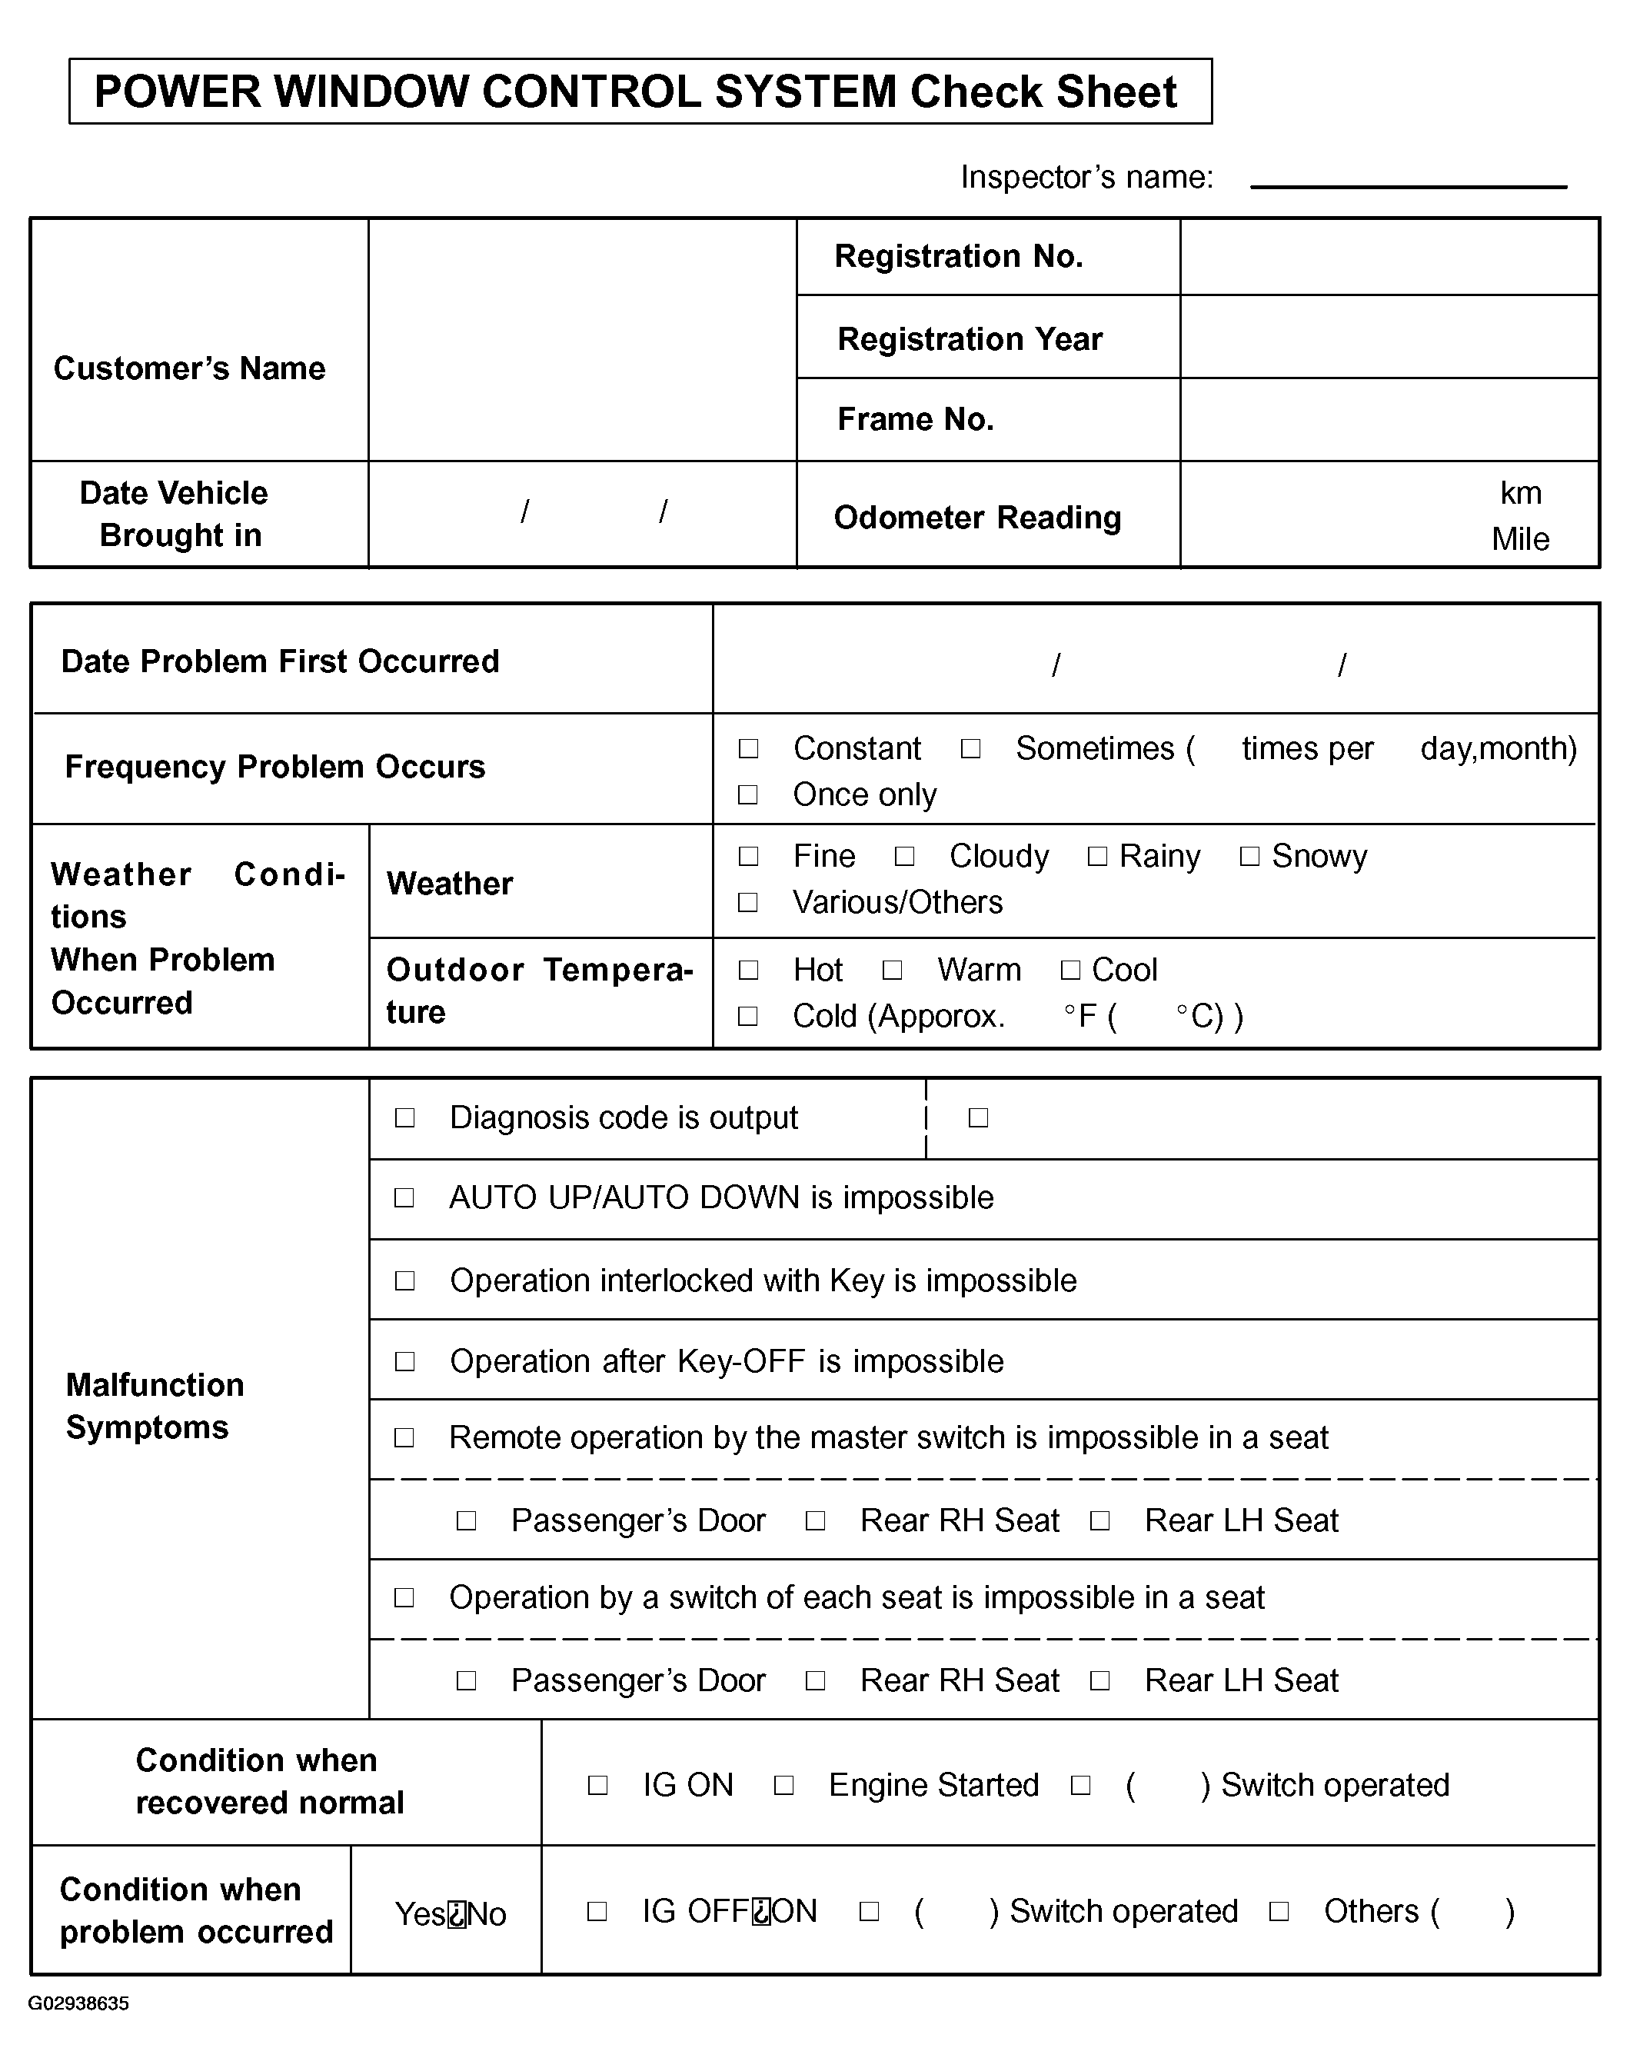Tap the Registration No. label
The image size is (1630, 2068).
coord(958,257)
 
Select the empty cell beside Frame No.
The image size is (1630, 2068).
coord(1389,419)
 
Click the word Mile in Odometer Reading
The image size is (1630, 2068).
coord(1519,539)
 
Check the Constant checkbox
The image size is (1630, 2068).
coord(748,748)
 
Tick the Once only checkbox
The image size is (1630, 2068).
coord(748,795)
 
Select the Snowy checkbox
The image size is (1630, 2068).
coord(1249,856)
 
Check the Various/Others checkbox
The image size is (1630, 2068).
coord(748,902)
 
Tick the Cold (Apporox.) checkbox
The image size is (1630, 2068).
coord(748,1017)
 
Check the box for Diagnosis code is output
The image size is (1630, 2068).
coord(404,1117)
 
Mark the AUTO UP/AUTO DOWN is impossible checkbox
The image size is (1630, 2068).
coord(404,1197)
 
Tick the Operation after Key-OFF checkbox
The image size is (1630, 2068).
coord(404,1361)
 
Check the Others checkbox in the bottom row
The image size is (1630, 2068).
coord(1279,1910)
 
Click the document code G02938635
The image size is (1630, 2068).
coord(78,2003)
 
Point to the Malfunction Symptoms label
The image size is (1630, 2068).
coord(155,1406)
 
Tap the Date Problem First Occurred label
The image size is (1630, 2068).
coord(280,661)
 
